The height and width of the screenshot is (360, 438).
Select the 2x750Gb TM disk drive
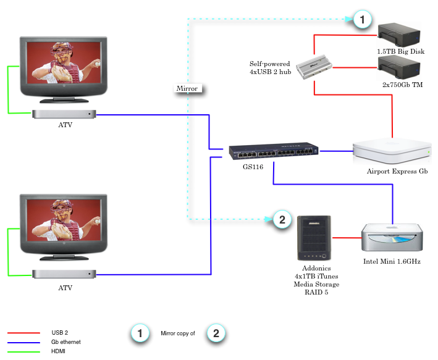click(x=400, y=66)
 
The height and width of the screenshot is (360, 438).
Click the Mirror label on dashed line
click(x=187, y=88)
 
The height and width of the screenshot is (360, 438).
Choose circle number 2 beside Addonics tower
click(x=281, y=219)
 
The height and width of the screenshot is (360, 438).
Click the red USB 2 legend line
click(x=22, y=333)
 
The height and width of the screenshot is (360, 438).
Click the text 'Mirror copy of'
click(x=178, y=333)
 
